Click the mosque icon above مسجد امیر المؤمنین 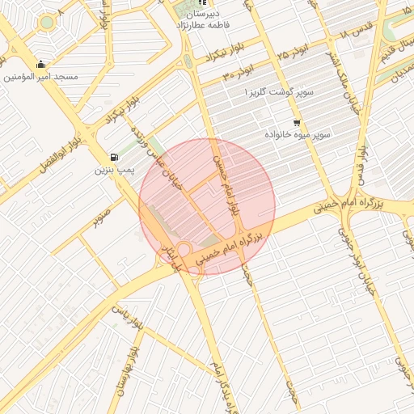coord(41,64)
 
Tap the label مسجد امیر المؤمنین coord(41,77)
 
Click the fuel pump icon coord(114,157)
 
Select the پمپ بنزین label coord(112,170)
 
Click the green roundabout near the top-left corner coord(47,22)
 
